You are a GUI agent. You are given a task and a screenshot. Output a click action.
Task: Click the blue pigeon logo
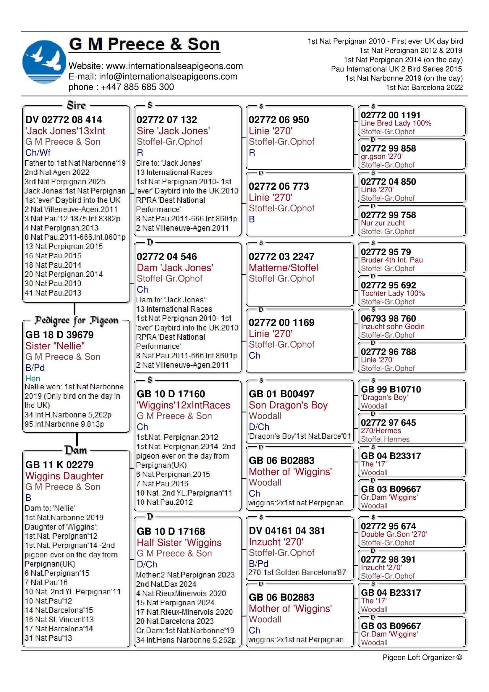(44, 62)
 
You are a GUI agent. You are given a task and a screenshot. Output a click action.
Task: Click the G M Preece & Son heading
(144, 44)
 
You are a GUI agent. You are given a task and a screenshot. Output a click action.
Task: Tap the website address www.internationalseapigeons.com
(174, 66)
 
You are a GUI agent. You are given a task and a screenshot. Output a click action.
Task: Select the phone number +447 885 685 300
(137, 87)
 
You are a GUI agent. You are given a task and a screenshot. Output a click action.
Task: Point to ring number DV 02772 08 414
(64, 120)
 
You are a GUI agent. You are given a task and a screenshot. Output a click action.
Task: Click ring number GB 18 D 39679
(59, 335)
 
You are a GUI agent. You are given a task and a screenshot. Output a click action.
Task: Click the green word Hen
(33, 379)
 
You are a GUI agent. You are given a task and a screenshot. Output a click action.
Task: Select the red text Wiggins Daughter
(64, 476)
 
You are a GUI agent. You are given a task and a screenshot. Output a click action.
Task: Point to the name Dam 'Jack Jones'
(175, 268)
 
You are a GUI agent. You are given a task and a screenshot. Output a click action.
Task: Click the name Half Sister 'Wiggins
(179, 543)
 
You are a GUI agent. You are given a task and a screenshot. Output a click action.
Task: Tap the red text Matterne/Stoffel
(283, 268)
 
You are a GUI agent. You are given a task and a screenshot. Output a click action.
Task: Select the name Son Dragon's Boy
(288, 405)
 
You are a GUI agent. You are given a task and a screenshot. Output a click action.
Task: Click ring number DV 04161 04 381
(287, 531)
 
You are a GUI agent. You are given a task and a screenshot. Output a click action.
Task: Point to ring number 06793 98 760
(388, 318)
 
